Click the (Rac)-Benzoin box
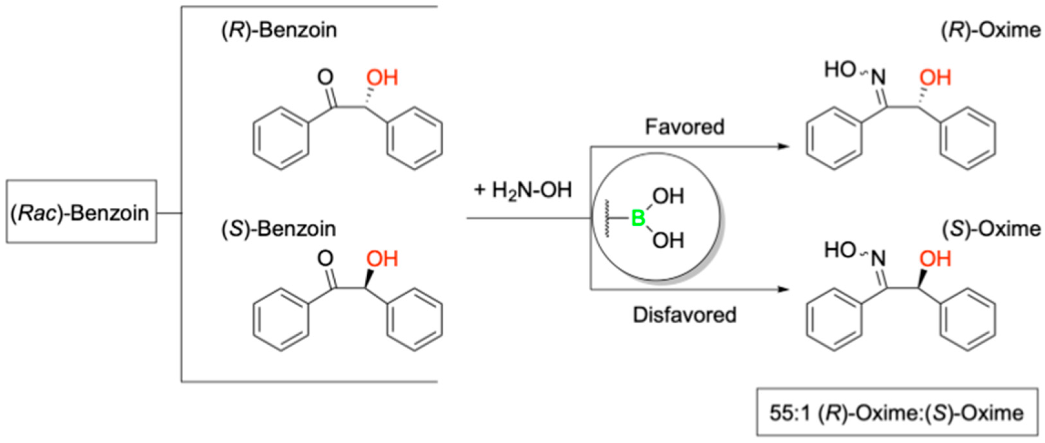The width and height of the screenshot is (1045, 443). (x=81, y=212)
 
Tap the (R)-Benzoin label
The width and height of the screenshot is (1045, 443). (x=279, y=30)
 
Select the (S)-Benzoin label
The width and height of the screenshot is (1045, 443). (x=279, y=229)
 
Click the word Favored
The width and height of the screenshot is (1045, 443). (x=685, y=127)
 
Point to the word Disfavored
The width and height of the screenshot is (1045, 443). (x=685, y=315)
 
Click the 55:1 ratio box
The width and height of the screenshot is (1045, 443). (x=897, y=413)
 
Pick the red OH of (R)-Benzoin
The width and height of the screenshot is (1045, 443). (x=382, y=78)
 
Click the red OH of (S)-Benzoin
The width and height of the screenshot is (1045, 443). (x=382, y=259)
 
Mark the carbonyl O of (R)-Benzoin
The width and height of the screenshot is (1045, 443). (x=325, y=77)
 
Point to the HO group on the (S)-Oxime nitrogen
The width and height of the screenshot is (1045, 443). (x=840, y=251)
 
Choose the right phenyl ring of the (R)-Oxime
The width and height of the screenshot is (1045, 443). (x=968, y=138)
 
